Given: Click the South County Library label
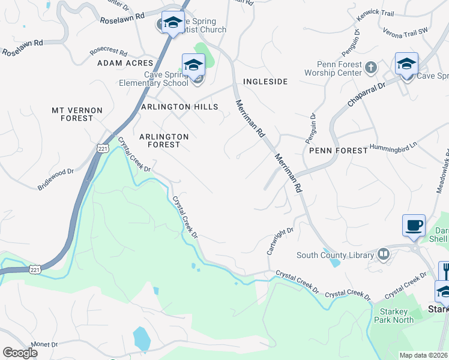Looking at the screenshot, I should point(335,255).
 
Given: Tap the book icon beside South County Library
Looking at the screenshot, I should point(384,255).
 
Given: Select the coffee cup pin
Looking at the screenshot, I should point(414,226).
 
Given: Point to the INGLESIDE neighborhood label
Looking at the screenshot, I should point(265,81).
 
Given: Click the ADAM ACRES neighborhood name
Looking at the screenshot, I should point(122,62).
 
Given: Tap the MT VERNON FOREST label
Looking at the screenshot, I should point(77,114).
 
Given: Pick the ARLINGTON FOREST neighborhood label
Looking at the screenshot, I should point(164,140).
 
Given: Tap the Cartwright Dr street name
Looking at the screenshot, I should point(280,240).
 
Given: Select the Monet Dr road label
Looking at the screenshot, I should point(46,345).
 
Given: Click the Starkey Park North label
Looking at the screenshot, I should point(393,316).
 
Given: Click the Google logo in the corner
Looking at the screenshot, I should point(19,352).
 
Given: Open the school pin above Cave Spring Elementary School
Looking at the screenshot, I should point(193,65).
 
